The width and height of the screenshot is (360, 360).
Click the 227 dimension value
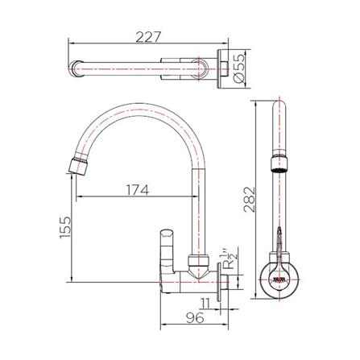[x=149, y=36]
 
